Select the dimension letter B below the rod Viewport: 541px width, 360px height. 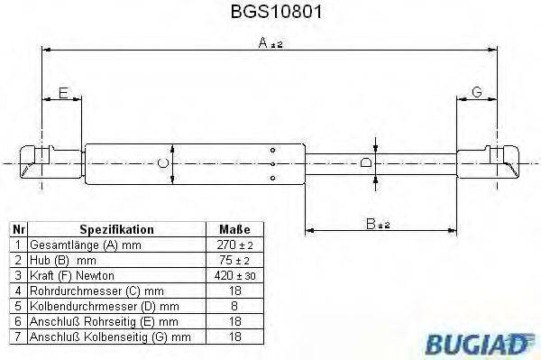coord(371,222)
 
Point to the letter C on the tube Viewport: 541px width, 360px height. coord(162,162)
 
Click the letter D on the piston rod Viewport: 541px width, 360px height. coord(365,162)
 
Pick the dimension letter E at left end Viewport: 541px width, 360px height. coord(63,92)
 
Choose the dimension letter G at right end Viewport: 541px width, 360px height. coord(477,92)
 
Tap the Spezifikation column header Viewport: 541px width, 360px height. coord(116,230)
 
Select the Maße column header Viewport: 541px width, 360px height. coord(234,230)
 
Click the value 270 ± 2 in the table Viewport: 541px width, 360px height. coord(234,245)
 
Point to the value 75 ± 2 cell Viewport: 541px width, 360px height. coord(234,260)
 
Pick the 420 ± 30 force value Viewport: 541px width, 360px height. coord(234,275)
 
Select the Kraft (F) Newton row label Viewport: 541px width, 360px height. coord(71,275)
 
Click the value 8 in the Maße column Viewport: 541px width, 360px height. coord(234,306)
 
